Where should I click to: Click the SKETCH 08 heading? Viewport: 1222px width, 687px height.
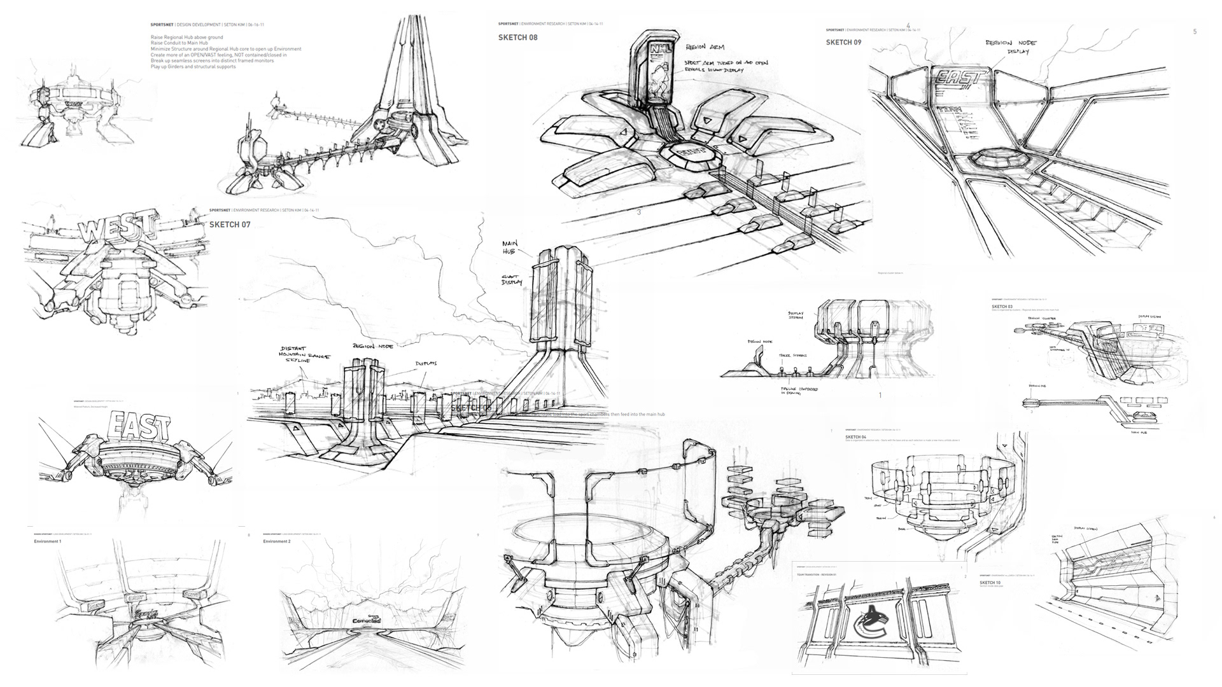click(517, 38)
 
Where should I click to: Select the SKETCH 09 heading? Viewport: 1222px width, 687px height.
click(843, 43)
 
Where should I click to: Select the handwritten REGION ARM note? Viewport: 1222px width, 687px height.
click(704, 48)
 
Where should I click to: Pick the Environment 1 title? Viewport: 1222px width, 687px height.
click(48, 541)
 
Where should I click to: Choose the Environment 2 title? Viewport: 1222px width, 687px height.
click(277, 541)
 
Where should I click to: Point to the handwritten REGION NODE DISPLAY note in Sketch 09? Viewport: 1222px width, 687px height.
click(1011, 47)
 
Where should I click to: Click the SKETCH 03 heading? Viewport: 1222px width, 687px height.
click(1002, 307)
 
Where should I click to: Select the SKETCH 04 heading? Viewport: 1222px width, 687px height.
click(855, 438)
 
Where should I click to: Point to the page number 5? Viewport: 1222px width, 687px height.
click(1195, 32)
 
